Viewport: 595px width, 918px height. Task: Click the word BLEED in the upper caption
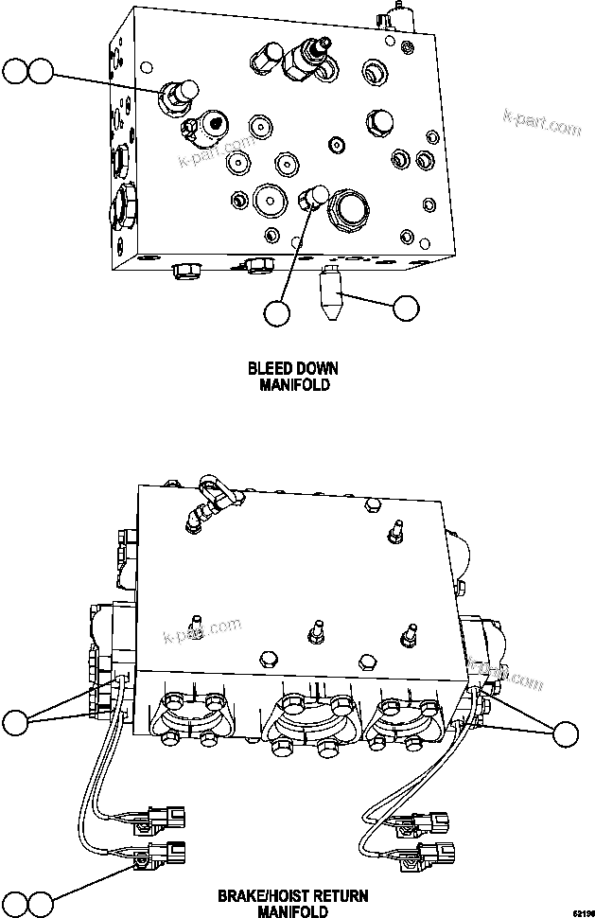coord(268,368)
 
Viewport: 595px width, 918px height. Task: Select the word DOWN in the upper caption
coord(316,368)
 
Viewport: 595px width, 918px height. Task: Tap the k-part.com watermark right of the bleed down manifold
coord(542,125)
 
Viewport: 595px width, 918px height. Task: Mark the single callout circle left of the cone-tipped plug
coord(277,313)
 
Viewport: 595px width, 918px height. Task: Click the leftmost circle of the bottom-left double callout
coord(15,903)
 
